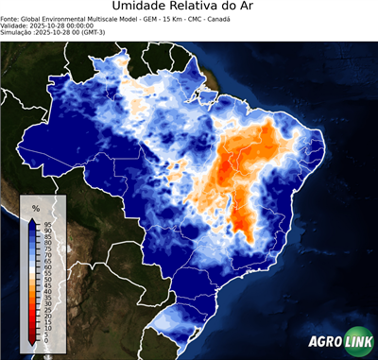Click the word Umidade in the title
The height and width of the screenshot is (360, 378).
(142, 8)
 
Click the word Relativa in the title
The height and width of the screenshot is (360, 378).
(213, 8)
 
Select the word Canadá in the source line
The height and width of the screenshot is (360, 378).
(217, 18)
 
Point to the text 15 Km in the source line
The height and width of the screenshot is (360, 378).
(165, 18)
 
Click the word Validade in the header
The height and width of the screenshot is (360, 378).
(16, 26)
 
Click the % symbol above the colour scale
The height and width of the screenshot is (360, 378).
(36, 207)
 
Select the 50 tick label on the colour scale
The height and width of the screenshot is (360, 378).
(47, 281)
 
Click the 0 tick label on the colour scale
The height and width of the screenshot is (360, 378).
(46, 339)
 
